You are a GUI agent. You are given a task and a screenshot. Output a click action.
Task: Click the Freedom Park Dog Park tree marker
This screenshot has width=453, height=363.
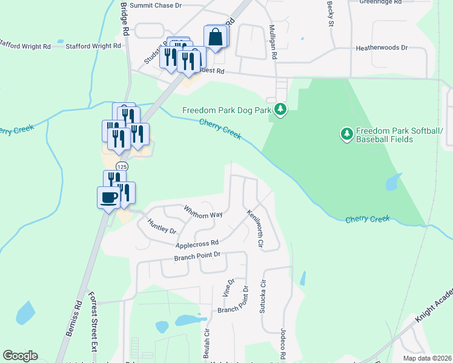280,110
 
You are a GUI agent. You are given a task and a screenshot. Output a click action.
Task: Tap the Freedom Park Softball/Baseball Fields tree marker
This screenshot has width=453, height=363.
347,134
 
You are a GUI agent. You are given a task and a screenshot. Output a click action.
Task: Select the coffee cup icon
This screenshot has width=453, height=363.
109,197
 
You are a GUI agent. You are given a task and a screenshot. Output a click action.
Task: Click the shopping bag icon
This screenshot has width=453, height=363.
217,37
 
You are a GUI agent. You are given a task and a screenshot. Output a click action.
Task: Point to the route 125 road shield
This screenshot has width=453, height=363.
122,166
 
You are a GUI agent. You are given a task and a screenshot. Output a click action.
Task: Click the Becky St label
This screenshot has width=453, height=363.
331,13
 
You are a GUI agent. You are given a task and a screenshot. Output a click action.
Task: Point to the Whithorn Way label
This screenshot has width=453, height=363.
203,215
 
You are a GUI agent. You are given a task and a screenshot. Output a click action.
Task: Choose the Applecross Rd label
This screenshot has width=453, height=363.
196,244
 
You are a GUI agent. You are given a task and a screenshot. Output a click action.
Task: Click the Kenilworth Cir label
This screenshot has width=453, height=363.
254,230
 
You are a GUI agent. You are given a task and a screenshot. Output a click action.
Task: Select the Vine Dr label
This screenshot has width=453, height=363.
230,289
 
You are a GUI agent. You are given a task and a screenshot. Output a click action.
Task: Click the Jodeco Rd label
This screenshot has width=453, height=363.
282,342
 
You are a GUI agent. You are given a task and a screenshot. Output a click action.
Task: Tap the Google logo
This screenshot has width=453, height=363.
20,356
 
